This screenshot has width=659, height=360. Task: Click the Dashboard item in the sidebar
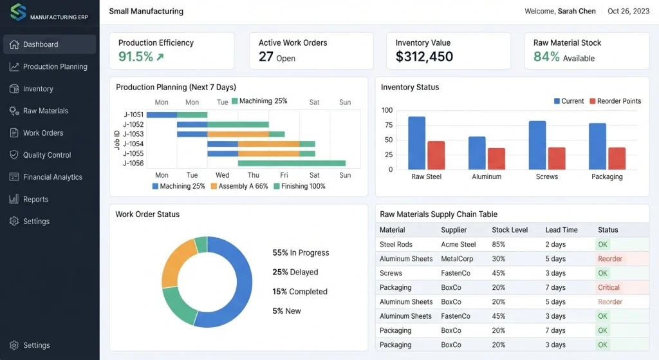[x=49, y=44]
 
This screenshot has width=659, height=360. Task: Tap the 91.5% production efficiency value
[x=136, y=57]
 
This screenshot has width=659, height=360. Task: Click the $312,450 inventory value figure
[x=424, y=57]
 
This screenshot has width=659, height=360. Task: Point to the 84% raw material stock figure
[x=546, y=57]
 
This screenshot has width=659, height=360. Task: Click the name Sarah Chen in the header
[x=577, y=12]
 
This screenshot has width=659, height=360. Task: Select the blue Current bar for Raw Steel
[x=416, y=143]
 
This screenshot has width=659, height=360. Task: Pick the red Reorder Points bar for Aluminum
[x=496, y=159]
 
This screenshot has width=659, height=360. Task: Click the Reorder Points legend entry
[x=615, y=101]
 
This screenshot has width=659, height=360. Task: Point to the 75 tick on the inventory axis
[x=389, y=125]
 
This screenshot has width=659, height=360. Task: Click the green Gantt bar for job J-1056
[x=292, y=163]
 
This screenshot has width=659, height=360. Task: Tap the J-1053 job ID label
[x=133, y=134]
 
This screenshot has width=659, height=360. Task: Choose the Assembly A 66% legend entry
[x=239, y=186]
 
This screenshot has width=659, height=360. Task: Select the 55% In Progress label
[x=301, y=252]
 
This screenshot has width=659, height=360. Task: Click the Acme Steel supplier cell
[x=458, y=244]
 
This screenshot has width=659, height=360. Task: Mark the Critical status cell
[x=609, y=288]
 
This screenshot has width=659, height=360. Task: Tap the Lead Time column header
[x=561, y=230]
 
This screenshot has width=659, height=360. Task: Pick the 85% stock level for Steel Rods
[x=499, y=244]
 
